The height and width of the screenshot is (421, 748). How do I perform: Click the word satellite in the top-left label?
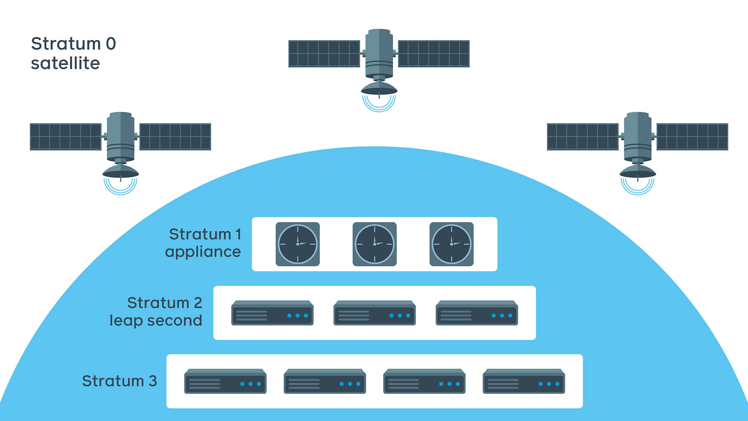click(x=65, y=63)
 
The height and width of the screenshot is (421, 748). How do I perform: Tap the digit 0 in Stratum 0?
click(x=111, y=44)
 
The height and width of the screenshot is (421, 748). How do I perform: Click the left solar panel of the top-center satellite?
click(x=324, y=54)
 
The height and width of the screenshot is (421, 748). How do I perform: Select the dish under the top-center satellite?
click(x=379, y=89)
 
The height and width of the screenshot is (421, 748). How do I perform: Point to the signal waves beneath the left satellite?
click(x=120, y=187)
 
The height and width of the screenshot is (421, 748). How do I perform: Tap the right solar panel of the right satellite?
click(x=692, y=137)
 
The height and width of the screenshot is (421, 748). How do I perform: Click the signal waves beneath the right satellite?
click(x=637, y=187)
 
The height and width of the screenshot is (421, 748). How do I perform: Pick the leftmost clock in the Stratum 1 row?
click(x=298, y=244)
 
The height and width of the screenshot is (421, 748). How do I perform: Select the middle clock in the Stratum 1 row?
click(x=374, y=244)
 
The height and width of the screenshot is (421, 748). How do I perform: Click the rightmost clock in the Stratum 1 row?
click(x=451, y=244)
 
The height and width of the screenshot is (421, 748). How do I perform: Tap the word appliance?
click(x=203, y=252)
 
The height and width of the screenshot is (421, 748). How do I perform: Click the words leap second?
click(x=156, y=321)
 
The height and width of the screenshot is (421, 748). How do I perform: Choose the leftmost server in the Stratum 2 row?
click(x=272, y=313)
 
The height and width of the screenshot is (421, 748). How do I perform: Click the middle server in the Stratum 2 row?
click(x=374, y=313)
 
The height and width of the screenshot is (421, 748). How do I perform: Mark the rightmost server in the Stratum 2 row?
click(x=477, y=313)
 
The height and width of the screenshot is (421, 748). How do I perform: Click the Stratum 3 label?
click(x=119, y=381)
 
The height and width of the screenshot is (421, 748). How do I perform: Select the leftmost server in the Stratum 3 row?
click(x=225, y=382)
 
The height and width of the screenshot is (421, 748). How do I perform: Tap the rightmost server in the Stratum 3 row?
click(x=524, y=382)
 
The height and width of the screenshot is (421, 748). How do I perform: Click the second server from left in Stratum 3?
click(x=325, y=382)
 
